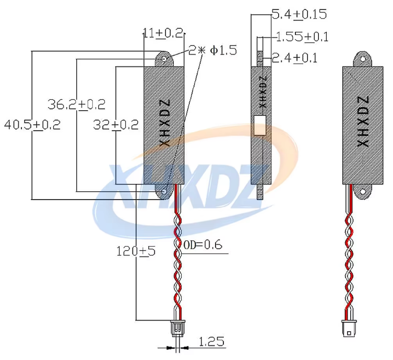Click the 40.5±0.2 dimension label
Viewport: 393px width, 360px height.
(x=32, y=125)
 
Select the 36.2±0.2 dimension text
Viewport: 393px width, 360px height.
(x=76, y=104)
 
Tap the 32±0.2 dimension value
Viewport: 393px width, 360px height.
(x=115, y=125)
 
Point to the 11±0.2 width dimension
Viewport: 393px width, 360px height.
(x=163, y=33)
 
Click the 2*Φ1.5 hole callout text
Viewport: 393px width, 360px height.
(x=212, y=50)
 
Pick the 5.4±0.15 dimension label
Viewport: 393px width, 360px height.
(x=299, y=14)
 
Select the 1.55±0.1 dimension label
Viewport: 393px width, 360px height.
(x=302, y=37)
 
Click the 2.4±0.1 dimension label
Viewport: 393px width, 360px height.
(x=294, y=58)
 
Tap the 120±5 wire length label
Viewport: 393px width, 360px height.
(x=136, y=251)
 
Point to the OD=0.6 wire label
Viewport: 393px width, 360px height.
(x=203, y=245)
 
